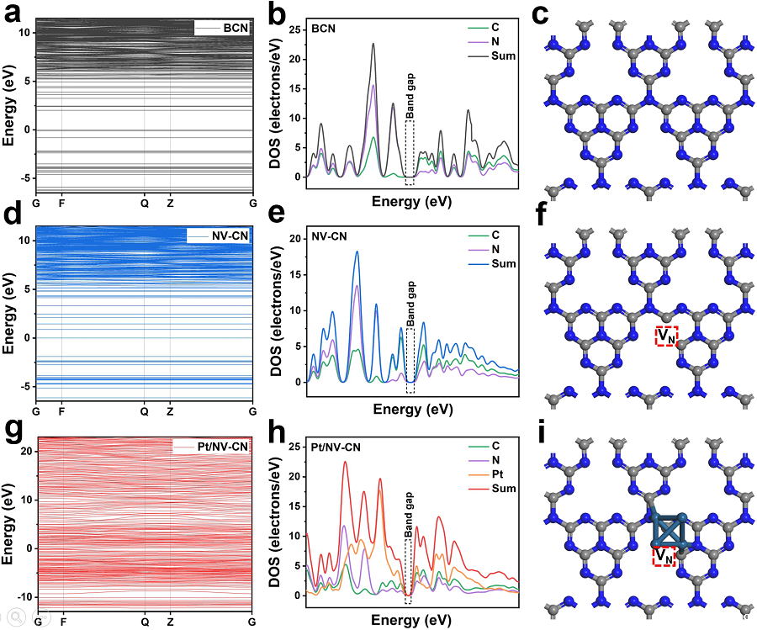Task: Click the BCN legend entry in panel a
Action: click(235, 29)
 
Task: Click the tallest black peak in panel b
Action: click(373, 45)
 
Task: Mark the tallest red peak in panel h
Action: click(345, 462)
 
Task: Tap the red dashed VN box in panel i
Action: click(664, 556)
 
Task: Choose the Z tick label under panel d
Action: click(170, 411)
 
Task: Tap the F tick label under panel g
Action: click(62, 622)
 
